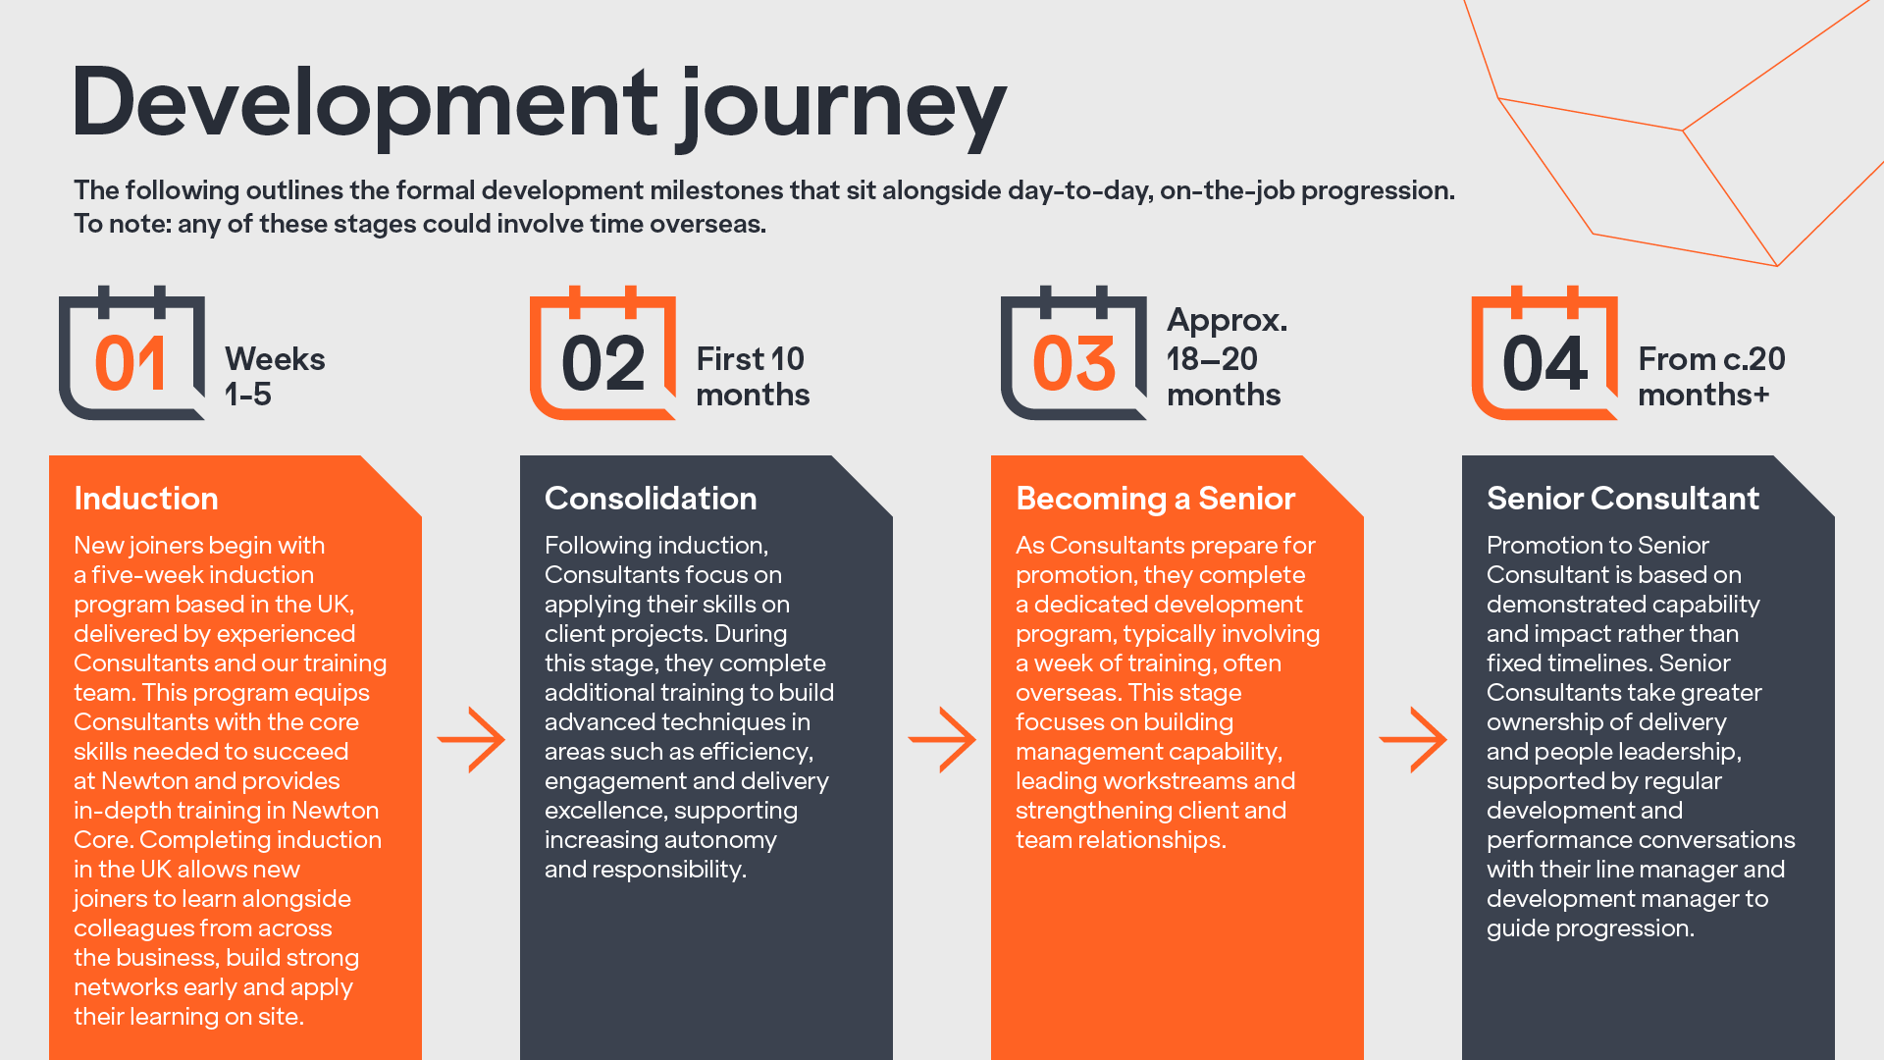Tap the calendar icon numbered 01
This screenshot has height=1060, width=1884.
131,355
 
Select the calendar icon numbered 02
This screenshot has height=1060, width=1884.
602,355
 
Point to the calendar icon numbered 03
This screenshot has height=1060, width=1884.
1073,355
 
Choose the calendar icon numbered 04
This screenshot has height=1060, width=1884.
1544,355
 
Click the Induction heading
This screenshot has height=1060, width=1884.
146,499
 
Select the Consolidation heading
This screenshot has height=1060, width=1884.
651,499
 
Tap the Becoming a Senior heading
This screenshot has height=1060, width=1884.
1155,499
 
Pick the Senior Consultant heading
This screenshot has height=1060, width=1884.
1622,499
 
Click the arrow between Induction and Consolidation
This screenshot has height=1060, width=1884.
472,739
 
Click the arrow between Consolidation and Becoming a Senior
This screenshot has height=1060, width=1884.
943,739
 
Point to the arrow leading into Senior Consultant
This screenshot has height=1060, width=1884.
1414,739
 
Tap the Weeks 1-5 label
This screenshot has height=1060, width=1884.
274,376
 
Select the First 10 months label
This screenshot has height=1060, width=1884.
752,376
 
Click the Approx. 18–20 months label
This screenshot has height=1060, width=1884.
1226,357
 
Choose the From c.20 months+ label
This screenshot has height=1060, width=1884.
1710,376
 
